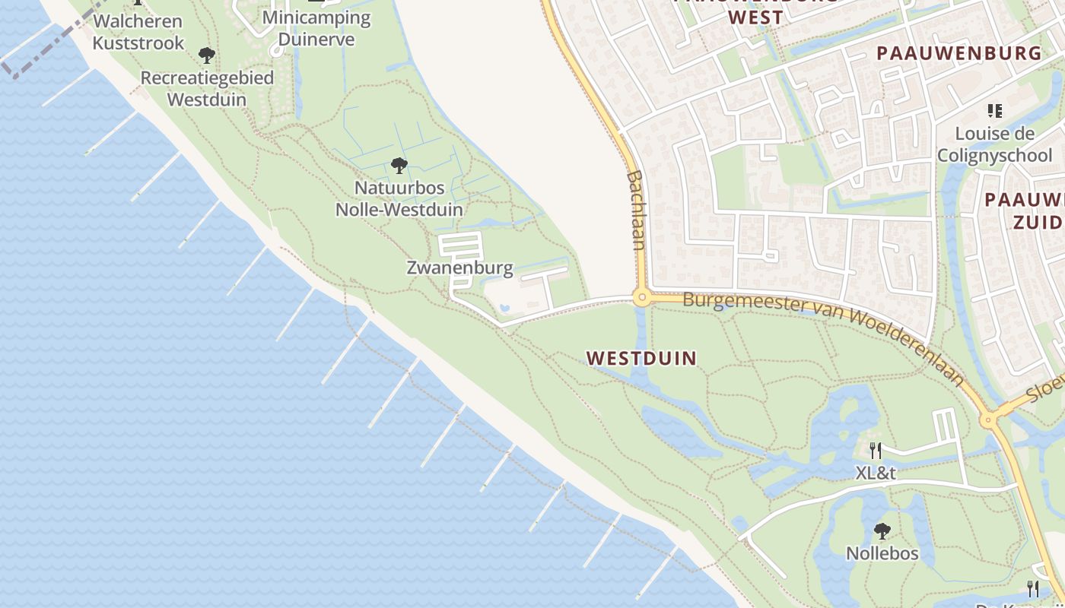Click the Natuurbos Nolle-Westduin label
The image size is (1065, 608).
pos(399,198)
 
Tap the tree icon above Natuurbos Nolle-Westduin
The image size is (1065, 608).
pos(399,165)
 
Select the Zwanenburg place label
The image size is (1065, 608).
pos(459,268)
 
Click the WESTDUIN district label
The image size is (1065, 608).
pos(641,358)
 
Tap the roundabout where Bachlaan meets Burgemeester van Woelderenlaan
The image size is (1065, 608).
pos(642,298)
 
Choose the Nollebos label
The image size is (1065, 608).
pos(882,553)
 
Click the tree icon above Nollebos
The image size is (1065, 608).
pos(882,530)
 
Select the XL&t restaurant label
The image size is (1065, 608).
pos(876,473)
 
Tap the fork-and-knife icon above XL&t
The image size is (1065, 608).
pos(876,450)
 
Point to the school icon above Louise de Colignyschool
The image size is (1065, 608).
pos(994,111)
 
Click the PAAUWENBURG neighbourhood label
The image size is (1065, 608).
pos(958,53)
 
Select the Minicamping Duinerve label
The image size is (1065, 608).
pos(316,28)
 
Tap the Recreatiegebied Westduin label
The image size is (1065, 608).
pos(206,88)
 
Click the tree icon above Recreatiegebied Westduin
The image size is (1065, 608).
pos(206,55)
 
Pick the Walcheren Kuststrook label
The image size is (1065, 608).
pos(138,32)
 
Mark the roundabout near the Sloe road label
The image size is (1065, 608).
pos(988,419)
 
